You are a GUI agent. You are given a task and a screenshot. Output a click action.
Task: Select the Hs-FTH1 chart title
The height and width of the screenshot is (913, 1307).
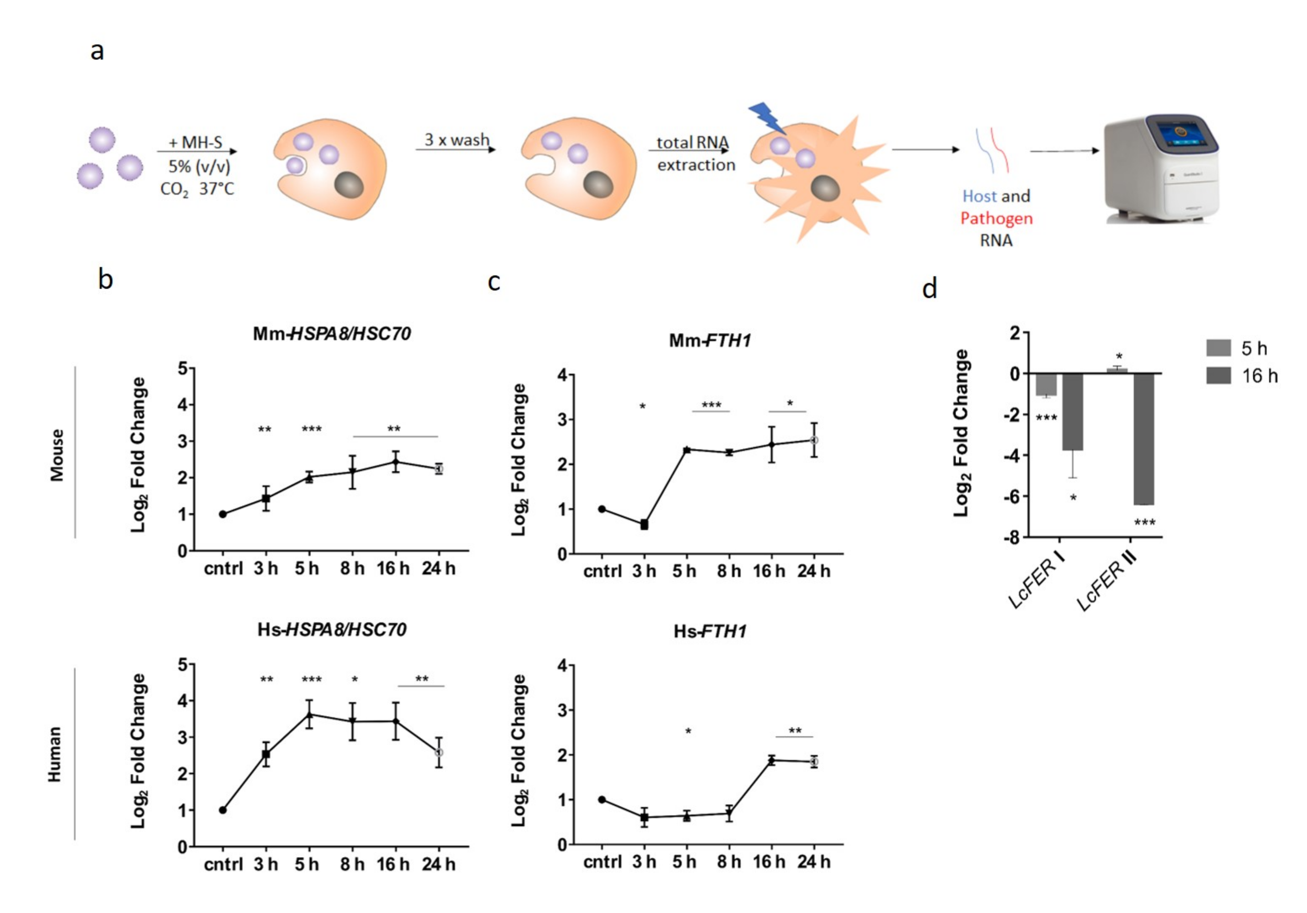pyautogui.click(x=709, y=631)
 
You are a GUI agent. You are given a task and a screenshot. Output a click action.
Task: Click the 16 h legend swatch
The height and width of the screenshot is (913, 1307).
pyautogui.click(x=1218, y=376)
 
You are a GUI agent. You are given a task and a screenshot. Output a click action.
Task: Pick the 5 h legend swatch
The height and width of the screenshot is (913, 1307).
pyautogui.click(x=1218, y=348)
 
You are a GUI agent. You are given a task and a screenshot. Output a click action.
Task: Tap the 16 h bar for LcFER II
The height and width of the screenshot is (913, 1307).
pyautogui.click(x=1144, y=439)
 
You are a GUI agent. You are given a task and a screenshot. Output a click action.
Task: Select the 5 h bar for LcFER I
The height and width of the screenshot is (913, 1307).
pyautogui.click(x=1046, y=384)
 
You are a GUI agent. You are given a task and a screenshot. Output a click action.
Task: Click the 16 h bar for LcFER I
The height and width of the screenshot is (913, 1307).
pyautogui.click(x=1072, y=411)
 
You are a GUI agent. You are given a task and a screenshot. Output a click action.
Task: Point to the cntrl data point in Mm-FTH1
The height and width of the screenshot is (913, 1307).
pyautogui.click(x=602, y=509)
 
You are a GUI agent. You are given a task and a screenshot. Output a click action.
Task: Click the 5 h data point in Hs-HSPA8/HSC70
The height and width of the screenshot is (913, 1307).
pyautogui.click(x=309, y=715)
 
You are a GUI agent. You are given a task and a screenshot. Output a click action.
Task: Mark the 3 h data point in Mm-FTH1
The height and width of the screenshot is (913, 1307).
pyautogui.click(x=644, y=524)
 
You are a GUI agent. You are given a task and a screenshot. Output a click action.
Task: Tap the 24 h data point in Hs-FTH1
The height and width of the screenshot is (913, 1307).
pyautogui.click(x=814, y=762)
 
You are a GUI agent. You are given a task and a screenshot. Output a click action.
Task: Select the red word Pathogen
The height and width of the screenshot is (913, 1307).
pyautogui.click(x=996, y=218)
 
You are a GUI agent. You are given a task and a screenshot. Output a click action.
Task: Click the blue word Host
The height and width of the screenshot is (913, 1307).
pyautogui.click(x=979, y=196)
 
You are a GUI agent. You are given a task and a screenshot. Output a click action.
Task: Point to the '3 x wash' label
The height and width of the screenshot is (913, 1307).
pyautogui.click(x=457, y=140)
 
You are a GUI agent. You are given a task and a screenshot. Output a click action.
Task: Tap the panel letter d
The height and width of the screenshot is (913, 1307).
pyautogui.click(x=929, y=289)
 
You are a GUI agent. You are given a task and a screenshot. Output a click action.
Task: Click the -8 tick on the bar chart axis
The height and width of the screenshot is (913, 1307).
pyautogui.click(x=1013, y=537)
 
